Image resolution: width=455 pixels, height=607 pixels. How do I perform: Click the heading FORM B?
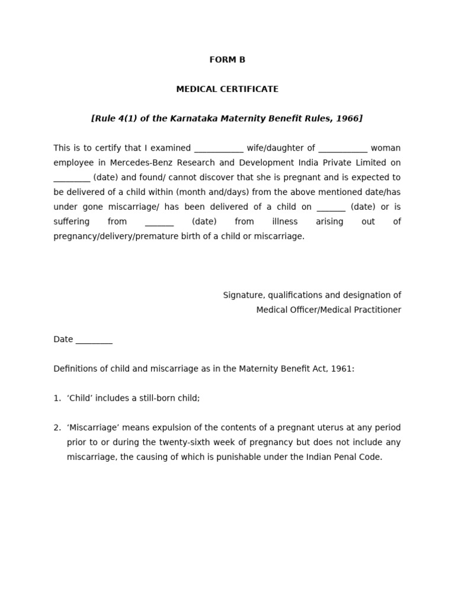click(x=227, y=60)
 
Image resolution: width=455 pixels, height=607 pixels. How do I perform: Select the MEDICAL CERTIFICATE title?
click(x=227, y=89)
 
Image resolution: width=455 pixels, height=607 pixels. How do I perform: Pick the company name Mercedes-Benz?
click(x=137, y=162)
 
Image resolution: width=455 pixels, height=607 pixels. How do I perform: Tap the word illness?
click(x=285, y=222)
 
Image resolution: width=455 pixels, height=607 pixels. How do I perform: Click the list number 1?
click(x=57, y=398)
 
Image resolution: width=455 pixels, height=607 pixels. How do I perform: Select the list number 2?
click(x=57, y=428)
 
